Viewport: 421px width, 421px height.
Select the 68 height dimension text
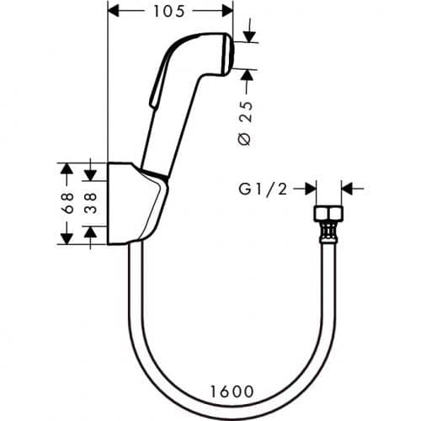tap(67, 202)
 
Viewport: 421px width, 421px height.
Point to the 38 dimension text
tap(90, 202)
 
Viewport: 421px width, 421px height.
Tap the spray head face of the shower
tap(226, 52)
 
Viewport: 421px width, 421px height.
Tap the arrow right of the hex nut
tap(348, 189)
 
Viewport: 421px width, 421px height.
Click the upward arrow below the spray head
tap(246, 76)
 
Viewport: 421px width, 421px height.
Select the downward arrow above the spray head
tap(246, 35)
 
